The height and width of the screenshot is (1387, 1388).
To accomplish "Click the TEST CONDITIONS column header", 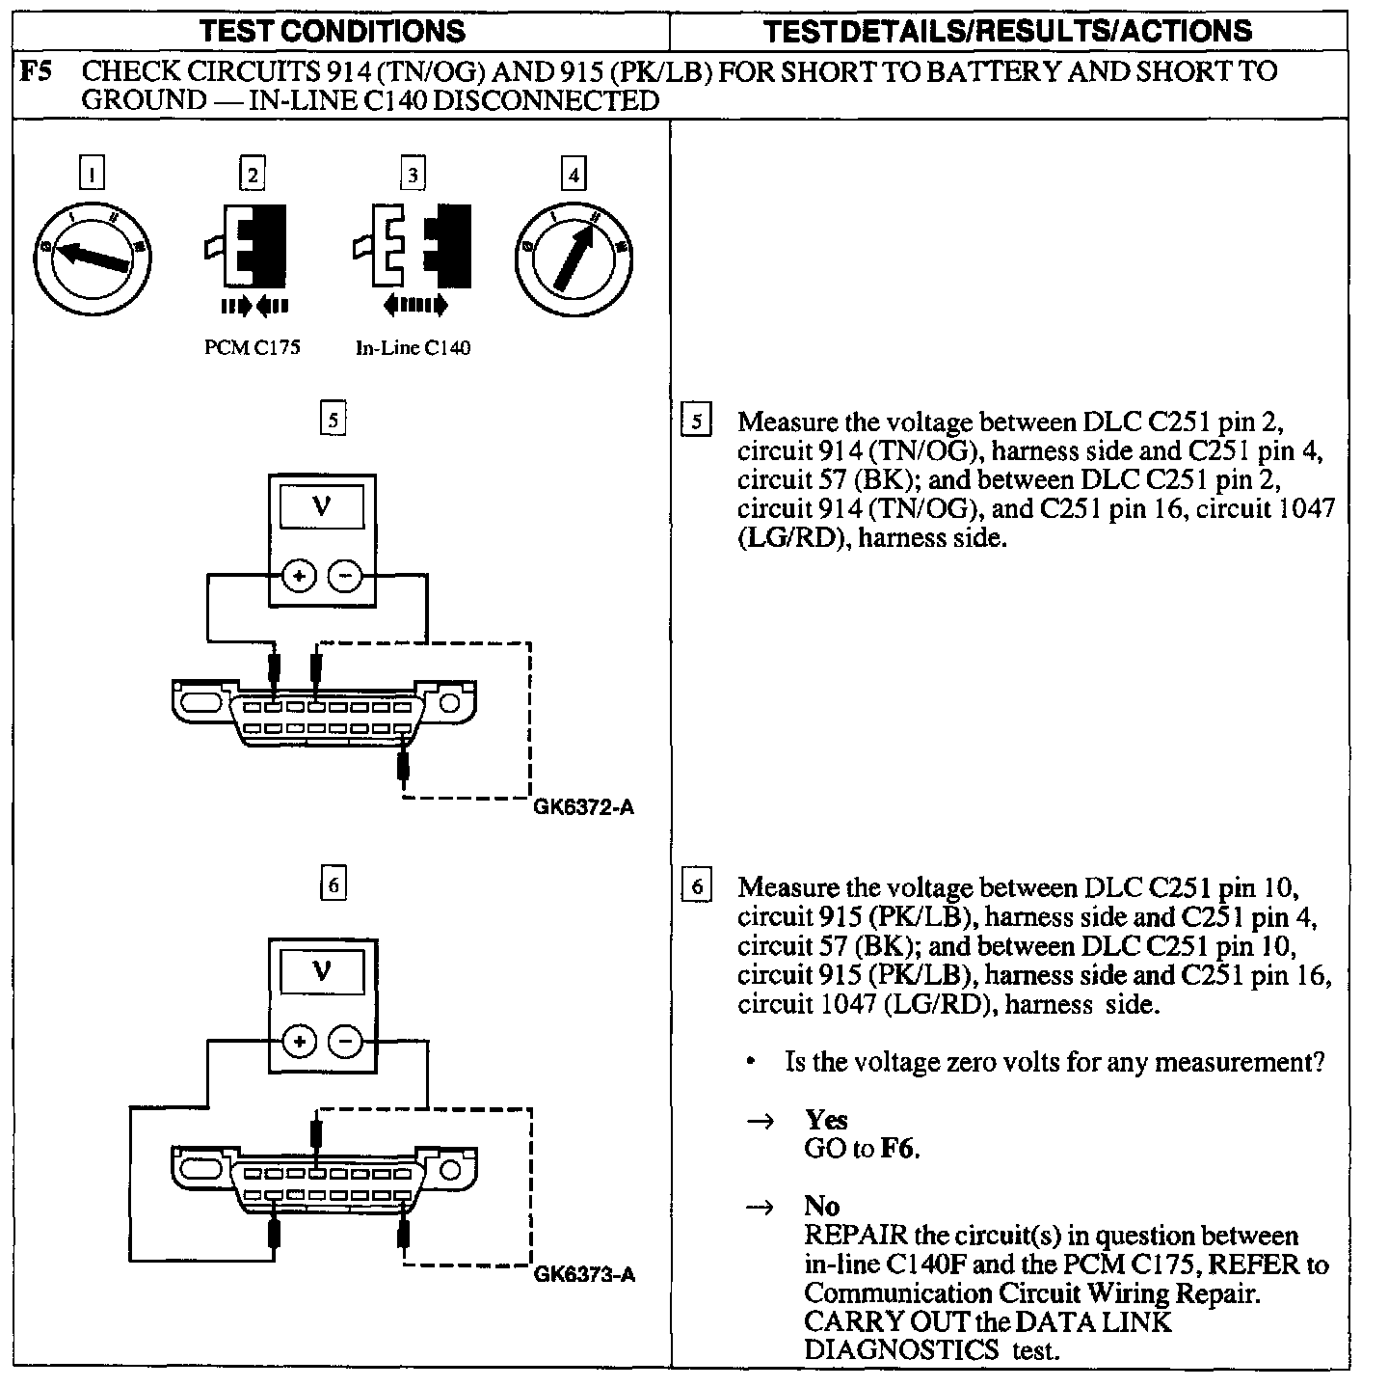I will tap(333, 31).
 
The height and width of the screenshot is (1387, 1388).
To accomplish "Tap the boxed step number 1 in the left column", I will tap(92, 175).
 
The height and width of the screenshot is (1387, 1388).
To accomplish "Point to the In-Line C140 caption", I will tap(414, 348).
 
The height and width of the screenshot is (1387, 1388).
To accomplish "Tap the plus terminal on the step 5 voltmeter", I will tap(298, 577).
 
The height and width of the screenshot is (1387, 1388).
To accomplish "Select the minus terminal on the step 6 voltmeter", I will tap(345, 1042).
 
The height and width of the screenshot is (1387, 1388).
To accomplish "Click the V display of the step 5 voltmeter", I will tap(321, 507).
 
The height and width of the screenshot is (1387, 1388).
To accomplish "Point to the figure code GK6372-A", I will tap(584, 808).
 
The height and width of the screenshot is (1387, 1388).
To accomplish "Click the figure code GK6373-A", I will tap(584, 1275).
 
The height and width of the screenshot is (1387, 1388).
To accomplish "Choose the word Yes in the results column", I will tap(826, 1120).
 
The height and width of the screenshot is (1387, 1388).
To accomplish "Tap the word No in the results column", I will tap(821, 1206).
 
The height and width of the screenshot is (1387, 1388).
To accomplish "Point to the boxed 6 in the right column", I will tap(696, 886).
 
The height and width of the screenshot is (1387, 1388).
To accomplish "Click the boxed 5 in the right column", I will tap(696, 422).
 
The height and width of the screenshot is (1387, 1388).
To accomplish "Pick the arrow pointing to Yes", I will tap(761, 1121).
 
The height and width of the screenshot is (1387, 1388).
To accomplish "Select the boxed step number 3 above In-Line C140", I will tap(413, 175).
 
